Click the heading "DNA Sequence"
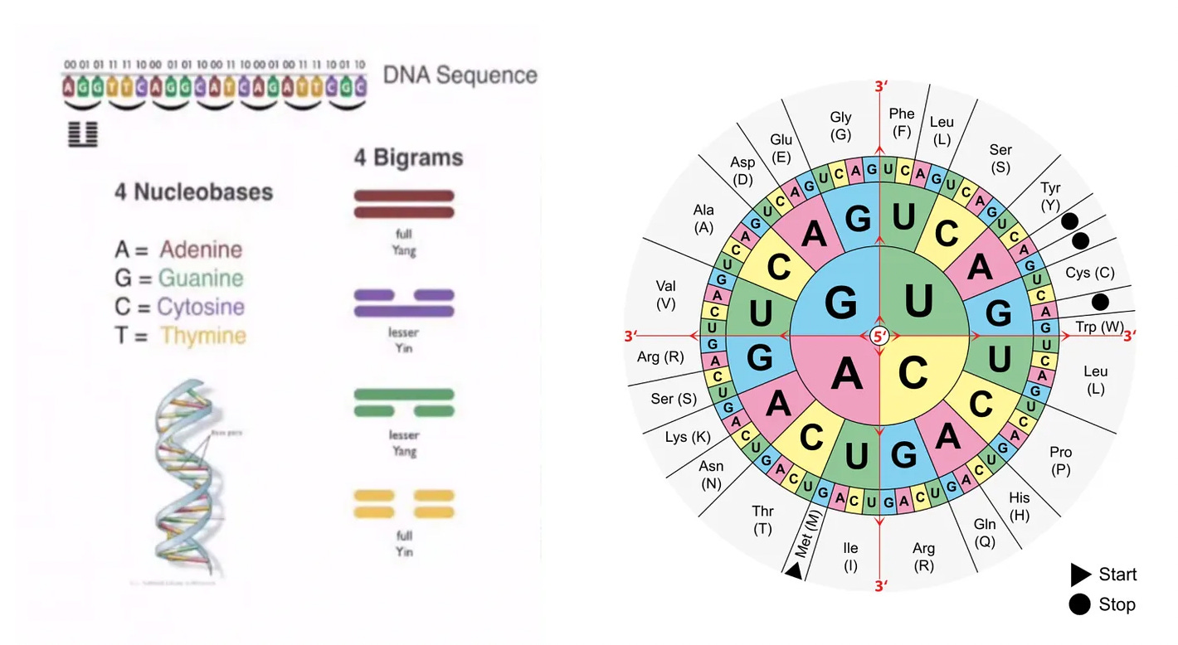click(x=460, y=75)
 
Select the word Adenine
click(x=201, y=250)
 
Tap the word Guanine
click(x=202, y=279)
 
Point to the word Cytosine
click(x=201, y=307)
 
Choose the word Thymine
click(x=203, y=336)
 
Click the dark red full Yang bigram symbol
click(x=404, y=204)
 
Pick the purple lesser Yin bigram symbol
click(x=404, y=303)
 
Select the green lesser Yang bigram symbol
click(x=404, y=402)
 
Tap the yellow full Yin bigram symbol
click(x=404, y=503)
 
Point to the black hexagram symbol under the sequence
click(x=83, y=134)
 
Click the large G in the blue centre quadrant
click(x=840, y=304)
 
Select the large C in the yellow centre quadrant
click(x=913, y=375)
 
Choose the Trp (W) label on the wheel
click(x=1100, y=327)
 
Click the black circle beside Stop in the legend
click(x=1079, y=604)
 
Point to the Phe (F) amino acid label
click(x=902, y=122)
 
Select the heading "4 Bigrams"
click(x=408, y=158)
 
